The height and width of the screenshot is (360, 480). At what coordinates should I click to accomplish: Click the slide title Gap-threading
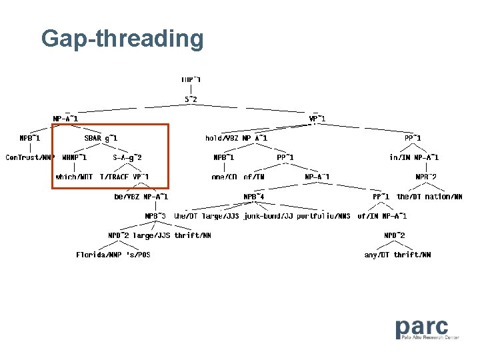[122, 39]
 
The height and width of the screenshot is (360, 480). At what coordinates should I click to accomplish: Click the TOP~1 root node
[191, 80]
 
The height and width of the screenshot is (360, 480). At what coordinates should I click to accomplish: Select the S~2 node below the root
[191, 99]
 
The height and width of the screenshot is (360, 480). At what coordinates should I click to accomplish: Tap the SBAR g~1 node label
[101, 138]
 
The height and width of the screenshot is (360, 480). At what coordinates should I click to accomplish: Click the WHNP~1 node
[74, 157]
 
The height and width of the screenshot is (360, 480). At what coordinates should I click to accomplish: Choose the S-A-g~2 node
[127, 157]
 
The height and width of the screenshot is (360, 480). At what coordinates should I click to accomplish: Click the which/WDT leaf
[75, 177]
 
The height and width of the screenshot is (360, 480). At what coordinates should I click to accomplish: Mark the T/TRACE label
[115, 177]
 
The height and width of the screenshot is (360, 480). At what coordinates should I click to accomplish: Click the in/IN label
[399, 157]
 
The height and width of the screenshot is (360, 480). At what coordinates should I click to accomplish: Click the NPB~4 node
[254, 197]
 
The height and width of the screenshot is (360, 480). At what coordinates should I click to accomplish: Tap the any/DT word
[377, 255]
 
